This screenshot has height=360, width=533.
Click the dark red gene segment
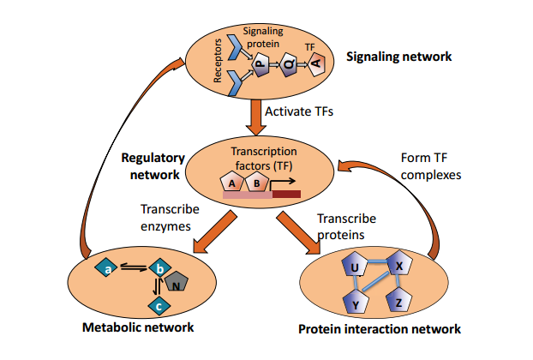[286, 195]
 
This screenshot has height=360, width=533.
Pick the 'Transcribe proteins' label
[344, 226]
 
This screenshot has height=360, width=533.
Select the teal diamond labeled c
[156, 305]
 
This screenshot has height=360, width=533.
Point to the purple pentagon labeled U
[353, 269]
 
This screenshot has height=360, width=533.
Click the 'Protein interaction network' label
[379, 329]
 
